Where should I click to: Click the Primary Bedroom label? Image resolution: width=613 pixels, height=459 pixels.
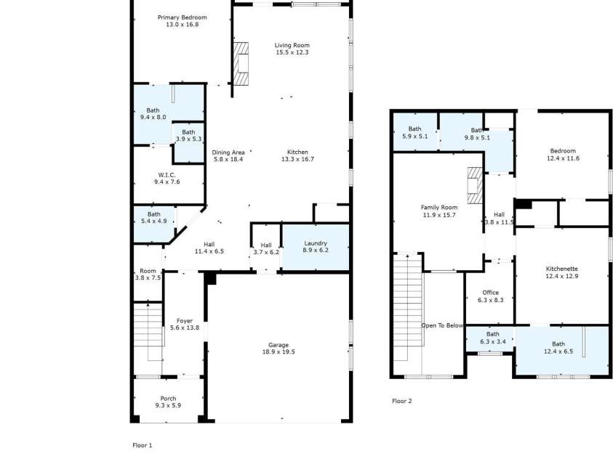(x=183, y=17)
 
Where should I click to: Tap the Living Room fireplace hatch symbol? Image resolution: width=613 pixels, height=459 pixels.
(x=241, y=64)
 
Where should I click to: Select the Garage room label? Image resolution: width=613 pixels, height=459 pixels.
(x=279, y=345)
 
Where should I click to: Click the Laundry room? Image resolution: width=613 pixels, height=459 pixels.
(x=316, y=247)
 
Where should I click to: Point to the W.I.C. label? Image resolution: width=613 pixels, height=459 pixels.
(x=167, y=175)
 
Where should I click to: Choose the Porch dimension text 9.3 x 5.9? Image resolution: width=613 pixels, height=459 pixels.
(x=168, y=405)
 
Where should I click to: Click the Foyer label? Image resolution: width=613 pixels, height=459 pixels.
(x=185, y=321)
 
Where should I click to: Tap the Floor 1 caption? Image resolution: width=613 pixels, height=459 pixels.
(x=143, y=445)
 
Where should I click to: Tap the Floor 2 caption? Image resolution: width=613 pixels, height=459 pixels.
(x=402, y=401)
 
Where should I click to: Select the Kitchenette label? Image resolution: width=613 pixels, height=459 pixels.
(x=562, y=269)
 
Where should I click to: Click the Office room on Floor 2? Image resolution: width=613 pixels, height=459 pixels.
(x=490, y=296)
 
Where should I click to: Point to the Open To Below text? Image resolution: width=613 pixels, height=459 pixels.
(x=442, y=325)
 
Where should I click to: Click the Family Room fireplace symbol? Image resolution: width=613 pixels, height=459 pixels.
(x=476, y=186)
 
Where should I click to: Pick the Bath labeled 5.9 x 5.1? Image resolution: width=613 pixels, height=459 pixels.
(x=414, y=132)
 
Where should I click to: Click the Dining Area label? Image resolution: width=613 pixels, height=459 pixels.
(x=228, y=153)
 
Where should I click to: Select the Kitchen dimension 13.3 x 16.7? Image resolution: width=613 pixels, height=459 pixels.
(x=297, y=159)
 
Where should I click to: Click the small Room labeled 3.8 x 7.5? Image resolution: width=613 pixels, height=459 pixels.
(x=148, y=275)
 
